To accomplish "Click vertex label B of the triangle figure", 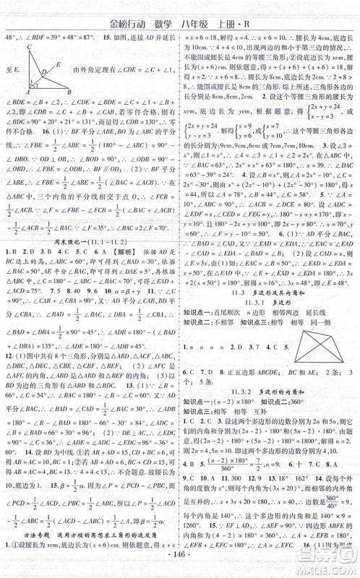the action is click(x=70, y=92).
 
